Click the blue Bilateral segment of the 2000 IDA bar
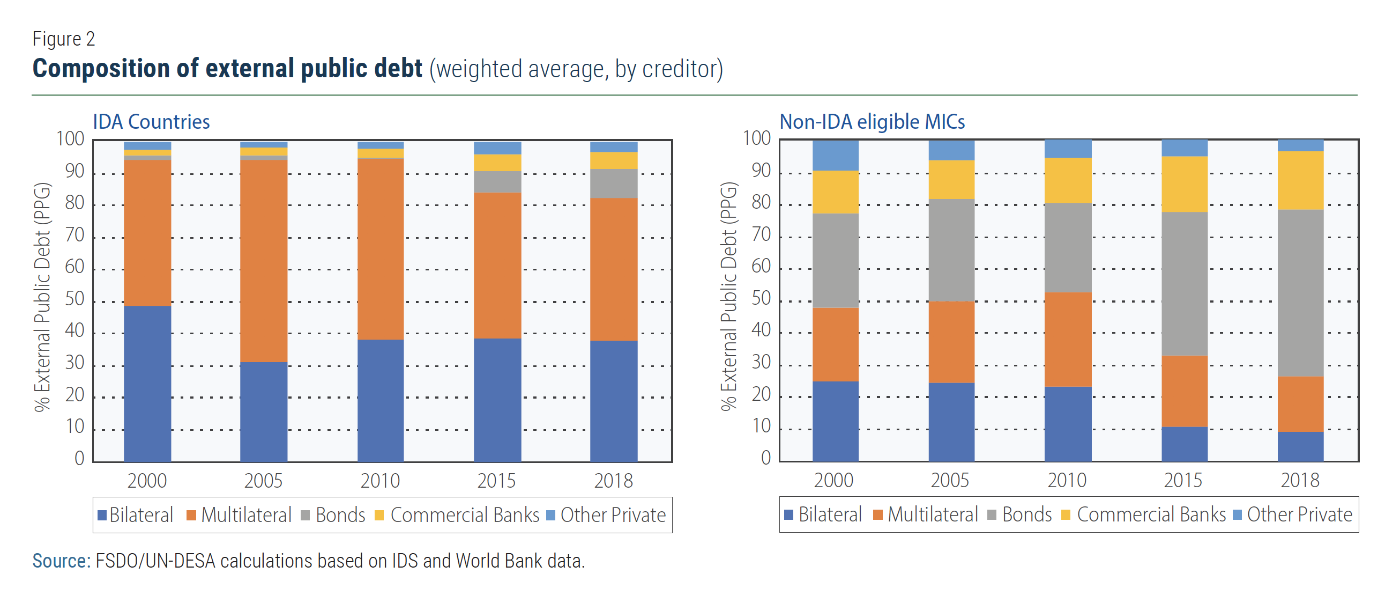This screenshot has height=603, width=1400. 147,384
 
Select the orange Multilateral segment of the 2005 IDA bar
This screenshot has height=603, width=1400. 264,260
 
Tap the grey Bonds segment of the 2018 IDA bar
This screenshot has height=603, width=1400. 614,183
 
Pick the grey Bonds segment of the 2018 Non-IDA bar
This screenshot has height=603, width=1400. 1300,292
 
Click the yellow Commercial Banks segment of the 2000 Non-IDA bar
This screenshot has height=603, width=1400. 835,192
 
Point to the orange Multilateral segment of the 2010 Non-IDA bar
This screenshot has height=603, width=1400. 1068,339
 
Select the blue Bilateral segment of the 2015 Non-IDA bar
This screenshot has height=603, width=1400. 1184,444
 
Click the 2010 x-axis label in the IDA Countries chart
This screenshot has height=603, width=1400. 380,481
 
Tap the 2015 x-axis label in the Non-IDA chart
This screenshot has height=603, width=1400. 1183,480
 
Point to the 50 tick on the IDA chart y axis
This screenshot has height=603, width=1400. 75,299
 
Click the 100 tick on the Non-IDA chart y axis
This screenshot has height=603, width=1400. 756,138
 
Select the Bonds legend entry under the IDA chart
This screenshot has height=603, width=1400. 333,515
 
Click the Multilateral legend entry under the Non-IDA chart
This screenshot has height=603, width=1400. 926,514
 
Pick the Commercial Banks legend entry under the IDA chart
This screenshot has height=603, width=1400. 457,515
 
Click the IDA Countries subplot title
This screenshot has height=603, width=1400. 151,122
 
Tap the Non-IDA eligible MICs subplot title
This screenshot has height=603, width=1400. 872,122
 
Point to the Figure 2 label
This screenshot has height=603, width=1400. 64,39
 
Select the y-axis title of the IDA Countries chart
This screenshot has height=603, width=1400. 42,297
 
